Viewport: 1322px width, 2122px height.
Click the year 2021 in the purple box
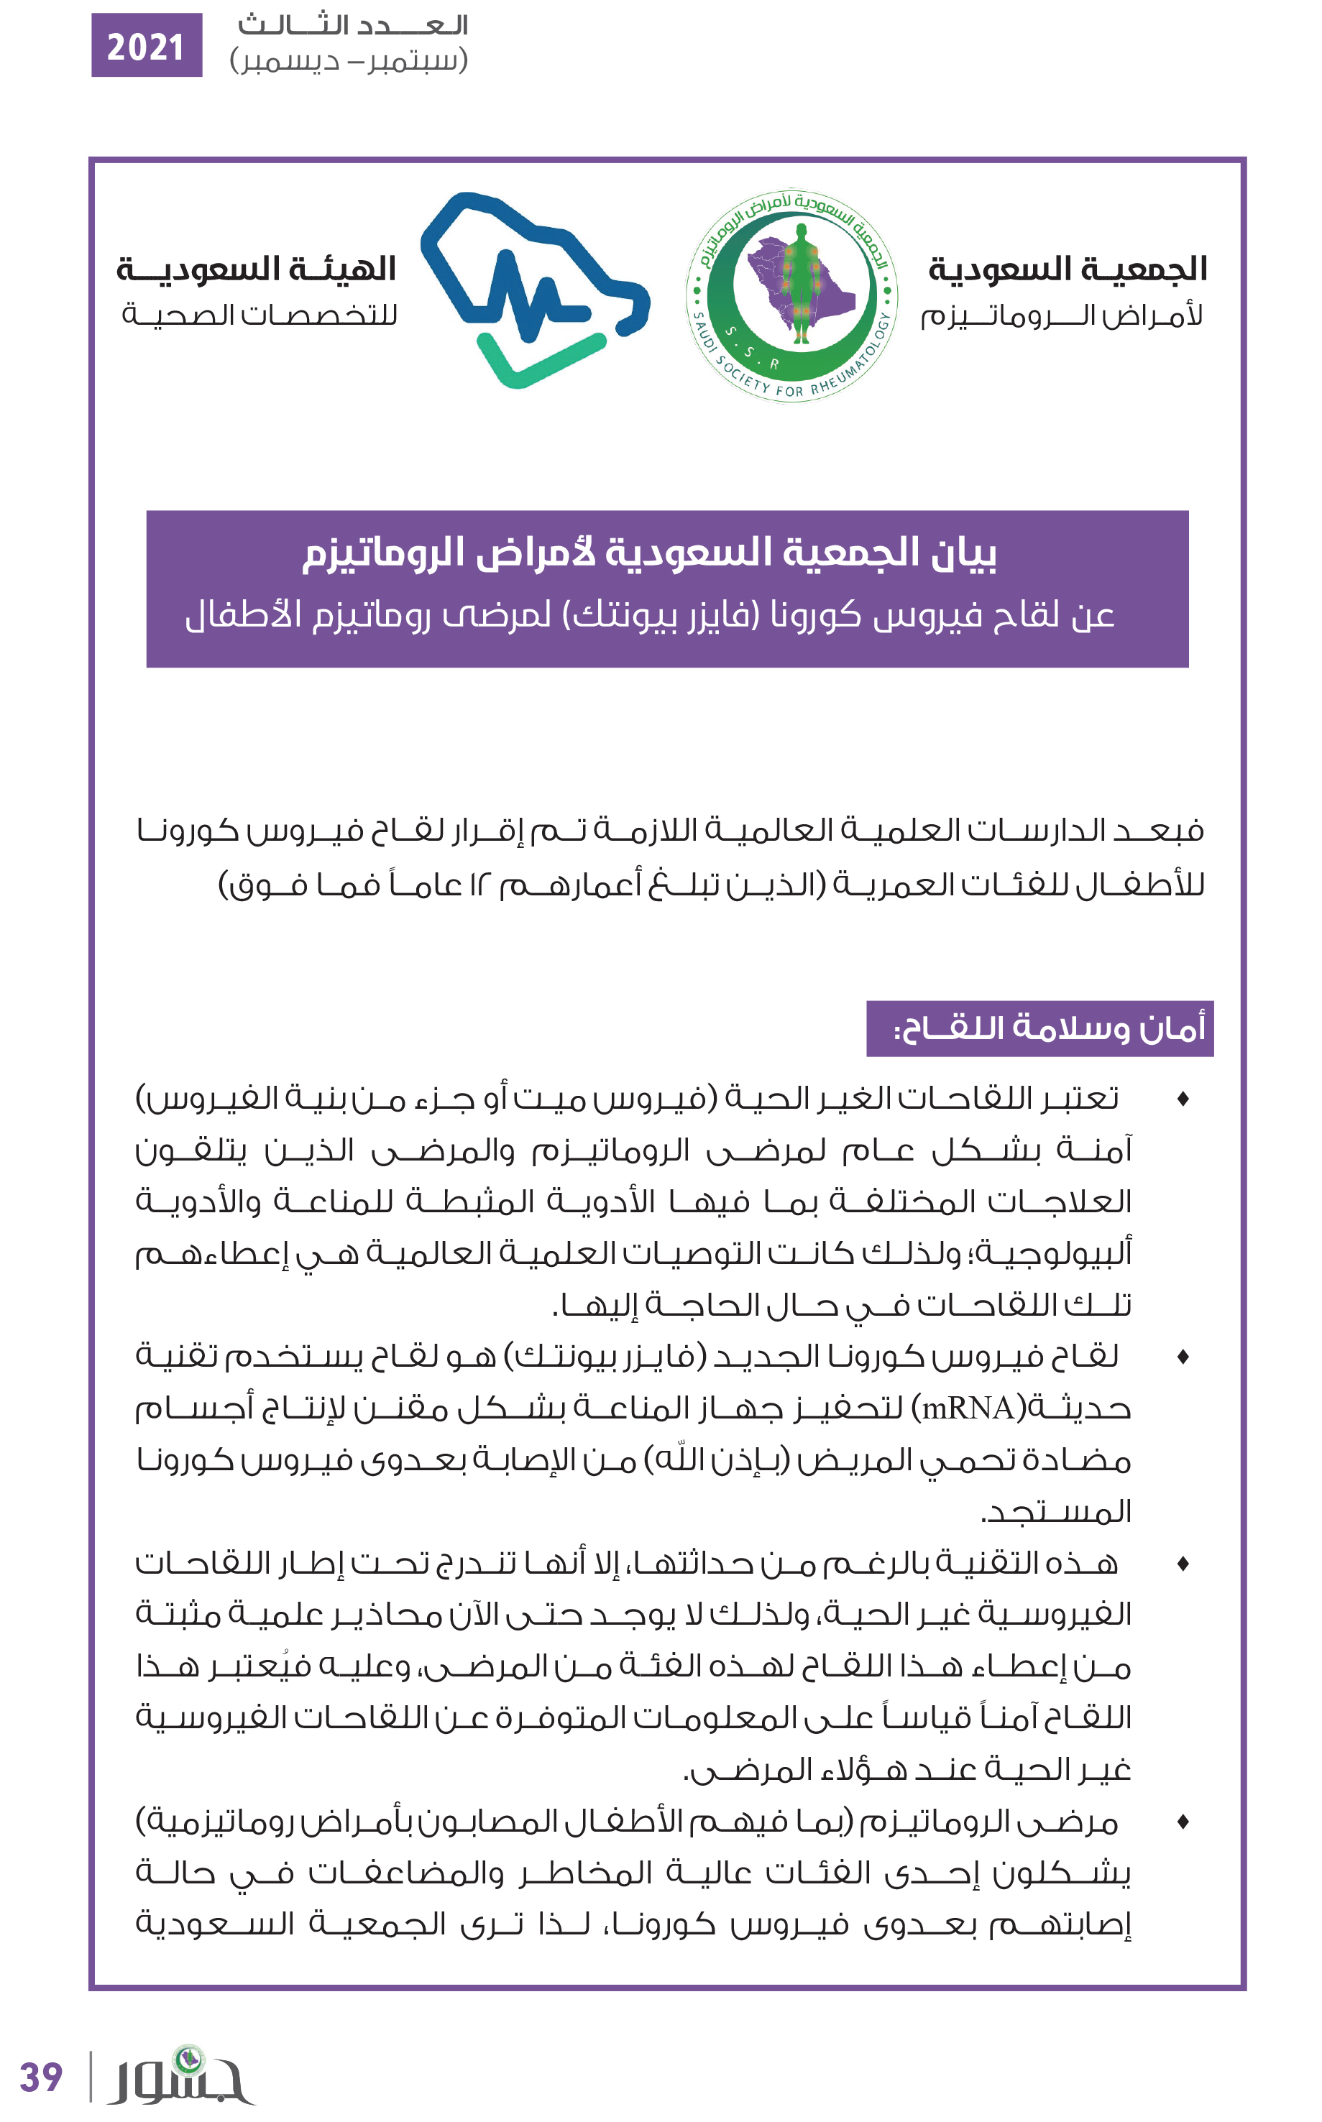[146, 46]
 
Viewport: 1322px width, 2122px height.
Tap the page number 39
[41, 2077]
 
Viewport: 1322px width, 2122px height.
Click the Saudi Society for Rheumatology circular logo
[791, 295]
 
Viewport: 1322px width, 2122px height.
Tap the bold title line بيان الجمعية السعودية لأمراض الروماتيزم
[650, 553]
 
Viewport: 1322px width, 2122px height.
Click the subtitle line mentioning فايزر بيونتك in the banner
[650, 615]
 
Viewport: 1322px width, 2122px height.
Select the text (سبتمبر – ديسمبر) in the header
[349, 61]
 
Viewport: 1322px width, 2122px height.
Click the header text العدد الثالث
[353, 24]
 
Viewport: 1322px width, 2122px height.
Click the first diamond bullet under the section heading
[1183, 1099]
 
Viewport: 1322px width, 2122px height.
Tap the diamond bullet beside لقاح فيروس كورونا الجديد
[1183, 1357]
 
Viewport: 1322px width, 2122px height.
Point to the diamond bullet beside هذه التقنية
[1183, 1564]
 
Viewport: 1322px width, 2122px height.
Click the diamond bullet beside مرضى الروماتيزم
[1183, 1822]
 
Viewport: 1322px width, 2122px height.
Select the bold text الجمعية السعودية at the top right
[1068, 268]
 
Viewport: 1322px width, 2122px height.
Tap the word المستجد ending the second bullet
[1057, 1511]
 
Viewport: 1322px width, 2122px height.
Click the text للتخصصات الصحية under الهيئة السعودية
[260, 314]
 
